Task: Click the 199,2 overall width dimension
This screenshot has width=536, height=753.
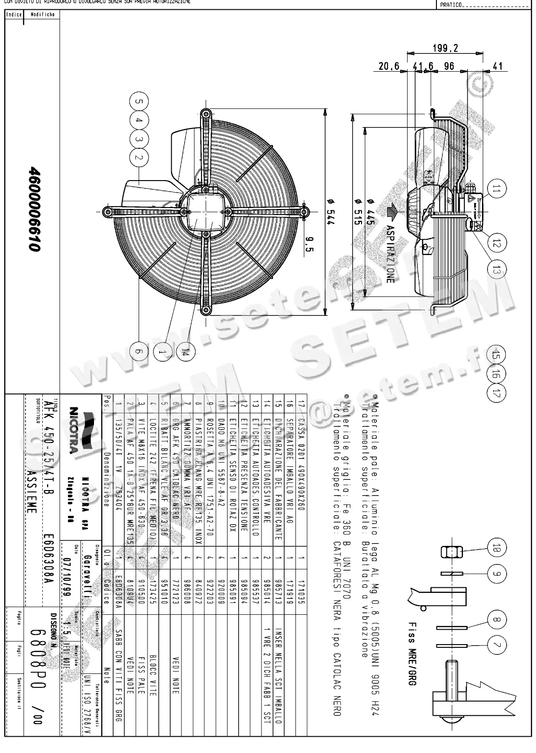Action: click(x=445, y=47)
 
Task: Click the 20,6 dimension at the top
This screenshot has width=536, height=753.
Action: click(x=389, y=67)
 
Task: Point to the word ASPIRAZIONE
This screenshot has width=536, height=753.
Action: click(x=390, y=254)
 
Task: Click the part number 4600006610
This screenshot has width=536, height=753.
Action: click(x=34, y=209)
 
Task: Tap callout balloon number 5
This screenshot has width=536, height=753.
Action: click(x=138, y=101)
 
